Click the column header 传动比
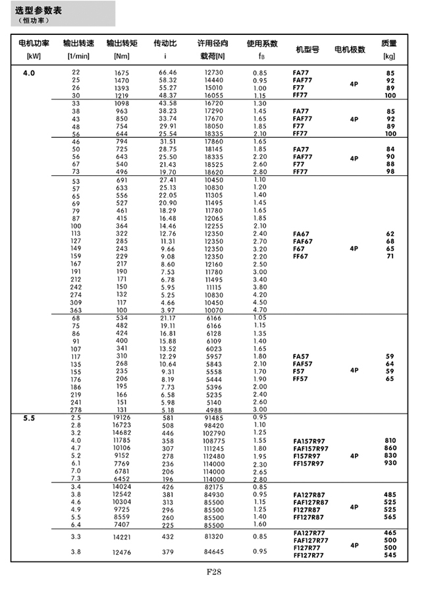tap(165, 43)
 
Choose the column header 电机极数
tap(350, 49)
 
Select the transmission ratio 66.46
tap(167, 72)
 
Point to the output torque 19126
tap(120, 418)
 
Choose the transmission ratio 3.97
tap(167, 310)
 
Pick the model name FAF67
tap(302, 241)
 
